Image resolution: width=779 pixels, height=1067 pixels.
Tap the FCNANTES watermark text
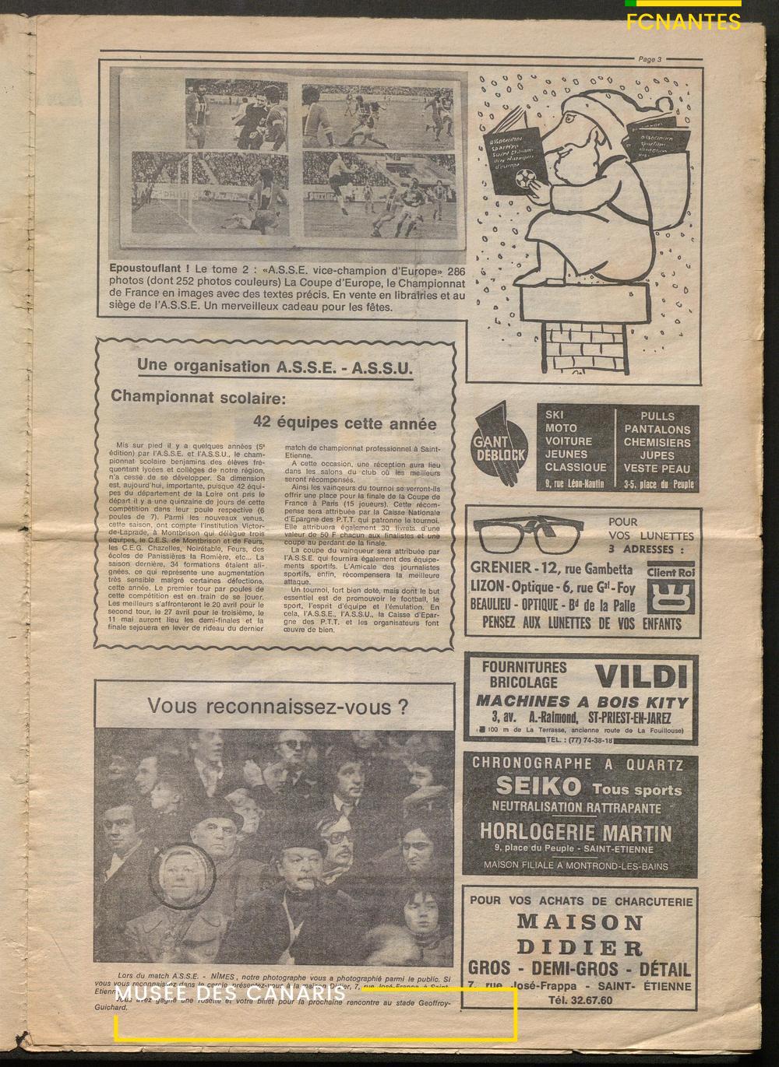(683, 22)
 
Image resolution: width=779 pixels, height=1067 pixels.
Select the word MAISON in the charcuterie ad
(580, 923)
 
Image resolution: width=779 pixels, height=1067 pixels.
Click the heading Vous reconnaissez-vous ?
(278, 707)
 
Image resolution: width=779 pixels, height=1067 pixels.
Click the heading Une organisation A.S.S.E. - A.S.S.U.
(274, 367)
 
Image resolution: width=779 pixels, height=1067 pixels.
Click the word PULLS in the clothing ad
(657, 416)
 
